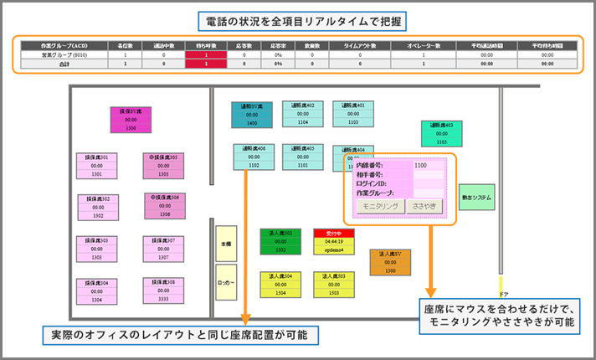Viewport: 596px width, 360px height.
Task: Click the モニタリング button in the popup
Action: [x=381, y=206]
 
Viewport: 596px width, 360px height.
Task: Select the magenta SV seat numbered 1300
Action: [x=130, y=120]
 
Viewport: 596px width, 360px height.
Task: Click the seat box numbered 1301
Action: [x=97, y=166]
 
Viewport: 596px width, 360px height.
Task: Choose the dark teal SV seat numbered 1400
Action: [x=252, y=115]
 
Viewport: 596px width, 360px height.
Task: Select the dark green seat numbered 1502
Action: [x=280, y=241]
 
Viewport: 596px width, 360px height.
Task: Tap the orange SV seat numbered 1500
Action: [x=391, y=261]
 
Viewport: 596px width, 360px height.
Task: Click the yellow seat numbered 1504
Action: [x=280, y=285]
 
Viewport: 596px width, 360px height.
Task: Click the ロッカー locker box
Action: [x=225, y=282]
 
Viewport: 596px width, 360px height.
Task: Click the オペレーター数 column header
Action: [x=424, y=44]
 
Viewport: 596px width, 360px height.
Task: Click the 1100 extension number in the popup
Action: [x=423, y=166]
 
